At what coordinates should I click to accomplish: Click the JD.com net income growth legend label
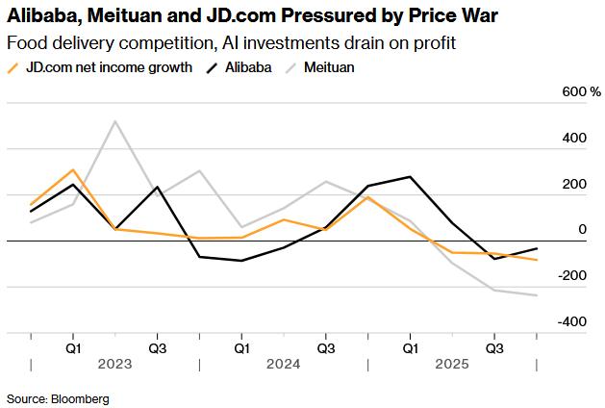[108, 67]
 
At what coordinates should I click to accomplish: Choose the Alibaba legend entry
[247, 67]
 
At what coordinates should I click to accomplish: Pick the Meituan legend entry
[330, 67]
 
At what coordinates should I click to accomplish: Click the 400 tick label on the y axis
[575, 138]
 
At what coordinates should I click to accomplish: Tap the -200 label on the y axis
[573, 275]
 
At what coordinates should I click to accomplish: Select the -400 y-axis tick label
[573, 321]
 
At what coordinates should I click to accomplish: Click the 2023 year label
[114, 365]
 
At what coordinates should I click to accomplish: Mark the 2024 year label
[284, 365]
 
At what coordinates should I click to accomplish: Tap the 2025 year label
[452, 365]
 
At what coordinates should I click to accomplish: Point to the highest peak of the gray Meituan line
[115, 121]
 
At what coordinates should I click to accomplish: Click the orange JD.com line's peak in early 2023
[73, 169]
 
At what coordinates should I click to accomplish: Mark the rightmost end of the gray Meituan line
[537, 295]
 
